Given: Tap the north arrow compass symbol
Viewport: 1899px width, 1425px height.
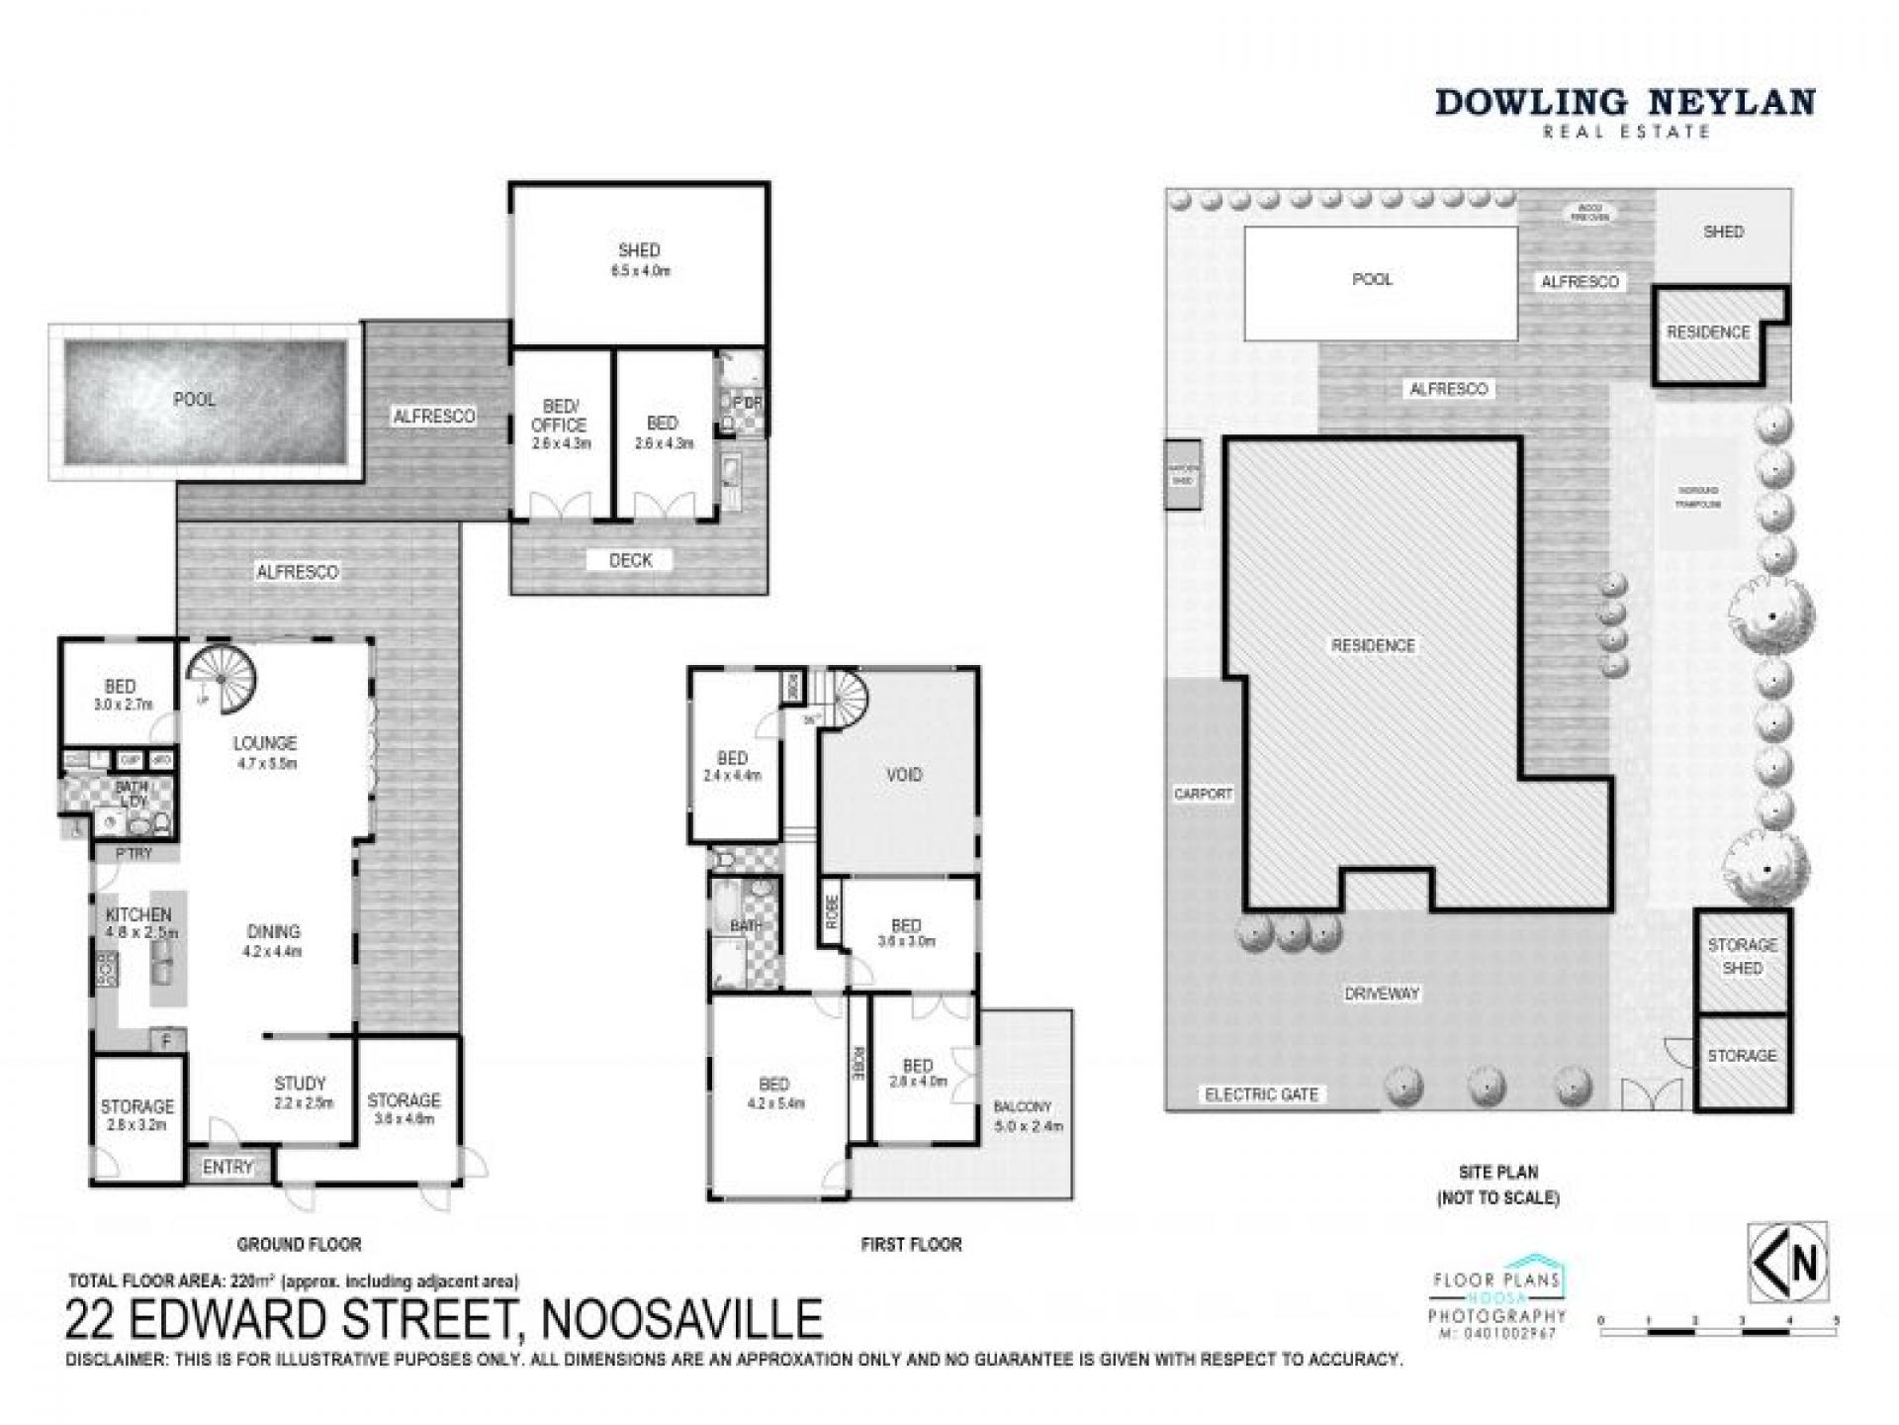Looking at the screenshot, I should [1787, 1262].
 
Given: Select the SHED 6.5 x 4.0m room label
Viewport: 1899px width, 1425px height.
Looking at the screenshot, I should [639, 259].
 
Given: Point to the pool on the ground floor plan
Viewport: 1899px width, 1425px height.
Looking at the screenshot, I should [205, 403].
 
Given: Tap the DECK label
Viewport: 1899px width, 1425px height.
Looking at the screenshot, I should [630, 560].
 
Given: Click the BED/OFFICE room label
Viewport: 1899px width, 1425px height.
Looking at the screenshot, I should [559, 424].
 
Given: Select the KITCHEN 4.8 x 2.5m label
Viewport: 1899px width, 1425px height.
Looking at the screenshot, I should [139, 922].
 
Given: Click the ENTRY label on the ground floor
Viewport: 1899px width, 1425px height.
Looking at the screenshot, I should [227, 1167].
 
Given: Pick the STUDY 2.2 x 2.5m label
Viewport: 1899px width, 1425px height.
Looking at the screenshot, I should [300, 1092].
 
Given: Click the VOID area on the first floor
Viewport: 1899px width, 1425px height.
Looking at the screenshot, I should [903, 774].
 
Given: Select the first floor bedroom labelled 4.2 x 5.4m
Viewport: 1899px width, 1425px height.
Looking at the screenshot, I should [773, 1092].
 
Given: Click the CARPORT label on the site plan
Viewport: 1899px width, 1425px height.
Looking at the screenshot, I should [1203, 794].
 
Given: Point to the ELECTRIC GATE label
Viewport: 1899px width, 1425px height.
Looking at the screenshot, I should [1261, 1093].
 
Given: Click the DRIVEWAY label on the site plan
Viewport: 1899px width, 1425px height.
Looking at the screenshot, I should [1382, 994].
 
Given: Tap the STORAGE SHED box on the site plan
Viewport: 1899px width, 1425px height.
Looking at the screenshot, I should [1742, 956].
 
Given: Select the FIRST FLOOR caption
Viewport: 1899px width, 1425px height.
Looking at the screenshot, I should [911, 1244].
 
